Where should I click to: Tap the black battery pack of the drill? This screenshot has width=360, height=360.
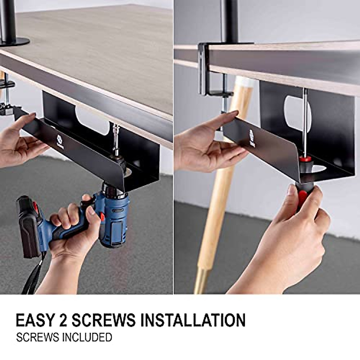(28, 225)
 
